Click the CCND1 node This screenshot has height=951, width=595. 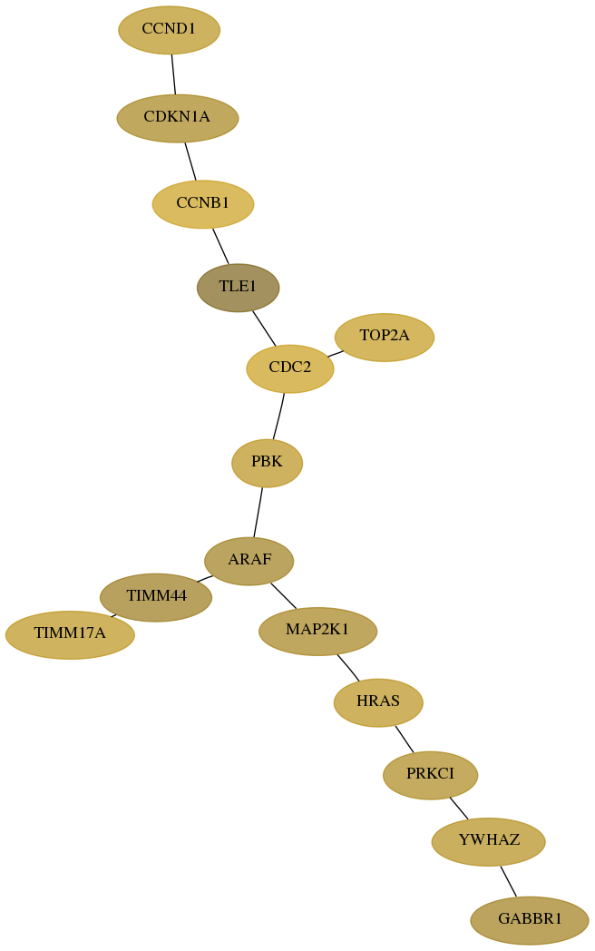click(x=170, y=30)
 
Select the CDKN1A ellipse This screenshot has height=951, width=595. click(x=178, y=118)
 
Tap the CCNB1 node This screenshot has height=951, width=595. click(x=203, y=204)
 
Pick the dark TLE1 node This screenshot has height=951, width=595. click(x=239, y=288)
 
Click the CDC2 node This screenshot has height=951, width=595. click(x=290, y=368)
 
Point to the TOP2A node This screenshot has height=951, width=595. click(x=385, y=338)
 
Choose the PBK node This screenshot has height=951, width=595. click(x=267, y=463)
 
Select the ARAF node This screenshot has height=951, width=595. click(x=249, y=561)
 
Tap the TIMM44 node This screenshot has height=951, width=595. click(x=156, y=597)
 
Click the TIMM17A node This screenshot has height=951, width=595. click(x=70, y=635)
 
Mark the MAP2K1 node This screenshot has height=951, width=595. click(x=317, y=631)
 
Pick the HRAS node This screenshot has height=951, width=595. click(x=378, y=702)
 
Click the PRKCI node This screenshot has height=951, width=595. click(x=431, y=775)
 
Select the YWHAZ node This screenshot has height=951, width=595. click(x=489, y=842)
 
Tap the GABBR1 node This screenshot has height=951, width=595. click(x=530, y=920)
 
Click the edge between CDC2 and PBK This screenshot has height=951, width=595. click(x=278, y=416)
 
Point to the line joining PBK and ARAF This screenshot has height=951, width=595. click(x=258, y=512)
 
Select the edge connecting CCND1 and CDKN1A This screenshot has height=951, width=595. click(x=173, y=74)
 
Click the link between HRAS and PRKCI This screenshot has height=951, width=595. click(x=405, y=739)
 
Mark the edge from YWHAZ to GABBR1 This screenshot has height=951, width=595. click(x=508, y=881)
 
